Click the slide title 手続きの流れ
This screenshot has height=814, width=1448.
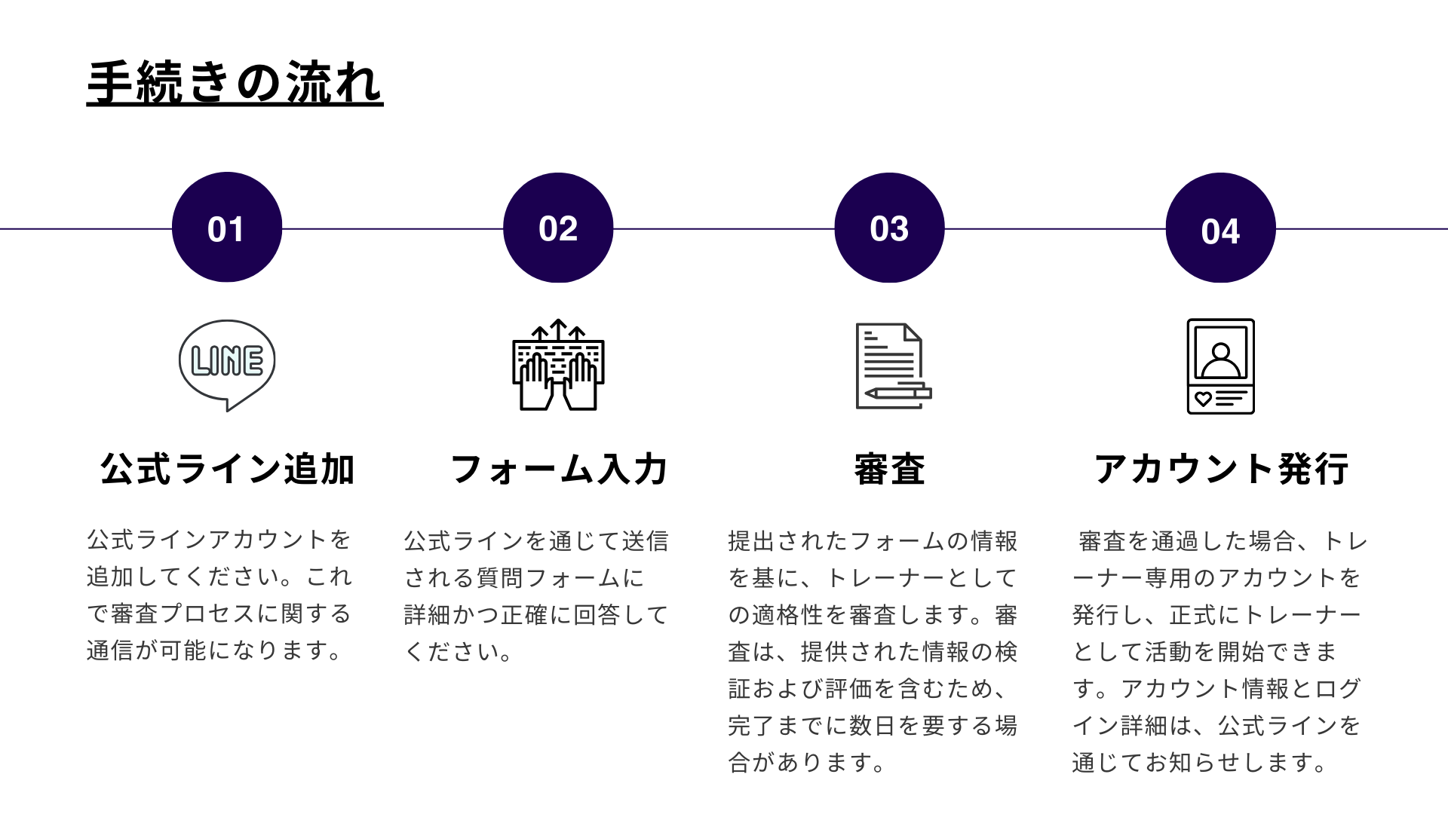[x=235, y=82]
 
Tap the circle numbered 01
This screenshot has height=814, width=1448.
[x=227, y=228]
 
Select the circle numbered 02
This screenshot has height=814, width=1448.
[x=558, y=228]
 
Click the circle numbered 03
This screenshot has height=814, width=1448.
[x=889, y=228]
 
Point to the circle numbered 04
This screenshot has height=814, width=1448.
[x=1220, y=228]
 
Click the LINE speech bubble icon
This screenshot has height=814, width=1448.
[x=227, y=366]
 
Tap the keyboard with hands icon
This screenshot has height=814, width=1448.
[x=558, y=365]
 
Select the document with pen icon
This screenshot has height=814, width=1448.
[x=894, y=366]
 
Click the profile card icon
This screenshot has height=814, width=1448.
[x=1220, y=366]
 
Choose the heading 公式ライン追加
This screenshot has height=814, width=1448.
[x=227, y=469]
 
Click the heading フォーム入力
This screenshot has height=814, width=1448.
[x=558, y=469]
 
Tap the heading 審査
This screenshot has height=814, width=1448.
[x=889, y=469]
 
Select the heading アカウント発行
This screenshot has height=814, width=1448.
[x=1220, y=469]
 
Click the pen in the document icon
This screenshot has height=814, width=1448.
[x=898, y=393]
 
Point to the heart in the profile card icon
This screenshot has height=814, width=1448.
[x=1203, y=399]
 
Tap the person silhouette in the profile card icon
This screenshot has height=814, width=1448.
[x=1220, y=360]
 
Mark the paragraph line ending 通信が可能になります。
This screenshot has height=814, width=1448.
[x=215, y=650]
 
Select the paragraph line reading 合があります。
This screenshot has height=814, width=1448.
[x=806, y=762]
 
